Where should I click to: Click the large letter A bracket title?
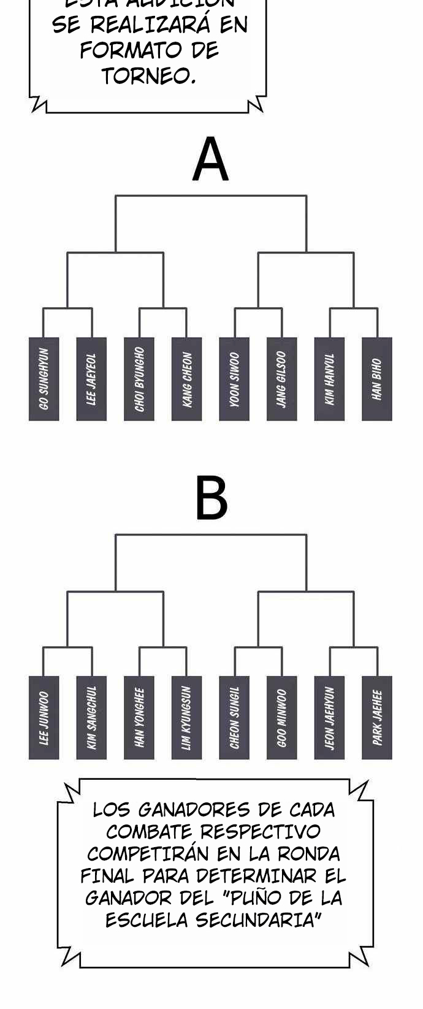pos(210,160)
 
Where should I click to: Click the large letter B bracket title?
pos(211,498)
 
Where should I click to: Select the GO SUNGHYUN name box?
pos(44,379)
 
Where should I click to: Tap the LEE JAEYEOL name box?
pos(91,379)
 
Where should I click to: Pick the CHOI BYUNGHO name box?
pos(139,379)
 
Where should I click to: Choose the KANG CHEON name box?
pos(187,379)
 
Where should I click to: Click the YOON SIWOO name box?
pos(234,379)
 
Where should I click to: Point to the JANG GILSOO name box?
pos(282,379)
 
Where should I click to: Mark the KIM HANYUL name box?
pos(329,379)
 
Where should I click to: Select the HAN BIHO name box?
pos(377,379)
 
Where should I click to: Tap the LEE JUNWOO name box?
pos(44,718)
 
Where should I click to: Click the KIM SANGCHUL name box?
pos(91,718)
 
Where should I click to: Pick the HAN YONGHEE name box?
pos(139,718)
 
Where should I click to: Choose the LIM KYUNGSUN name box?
pos(187,718)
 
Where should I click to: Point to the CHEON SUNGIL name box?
pos(234,718)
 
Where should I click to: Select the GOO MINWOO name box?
pos(282,718)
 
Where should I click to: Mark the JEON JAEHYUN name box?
pos(329,718)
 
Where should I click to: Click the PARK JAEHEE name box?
pos(377,718)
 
